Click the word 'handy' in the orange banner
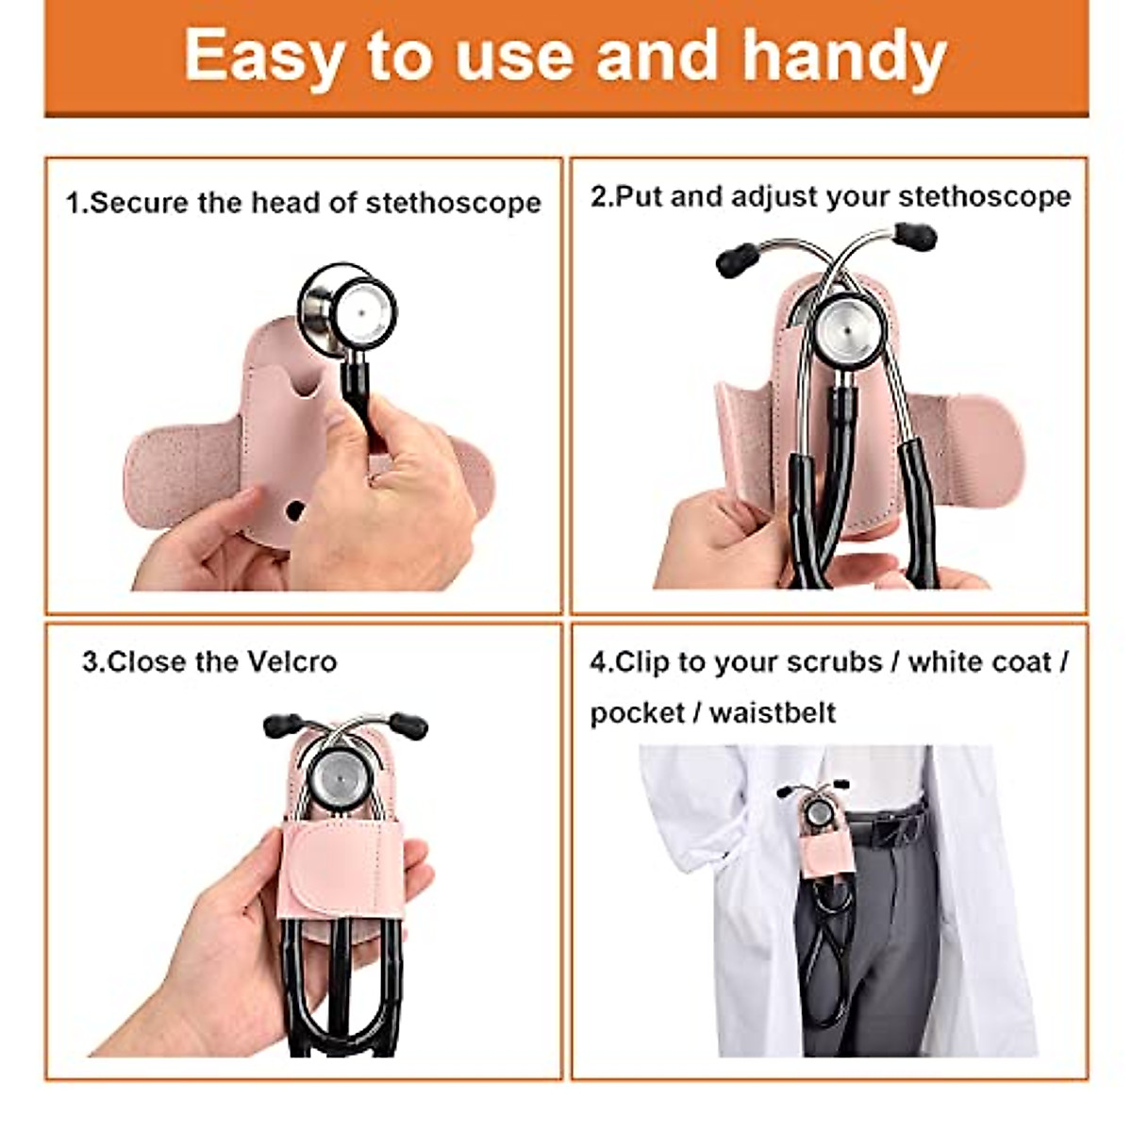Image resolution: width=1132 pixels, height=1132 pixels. (843, 57)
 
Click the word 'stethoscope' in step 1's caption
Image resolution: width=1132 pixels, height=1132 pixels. (454, 203)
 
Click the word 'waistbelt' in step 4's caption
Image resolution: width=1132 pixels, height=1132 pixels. (773, 712)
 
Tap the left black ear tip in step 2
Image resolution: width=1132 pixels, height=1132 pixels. (737, 258)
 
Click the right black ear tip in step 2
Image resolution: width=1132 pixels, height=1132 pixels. (915, 235)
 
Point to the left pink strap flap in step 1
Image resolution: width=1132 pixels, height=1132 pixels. (179, 472)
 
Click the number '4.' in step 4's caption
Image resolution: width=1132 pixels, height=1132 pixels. (601, 662)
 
